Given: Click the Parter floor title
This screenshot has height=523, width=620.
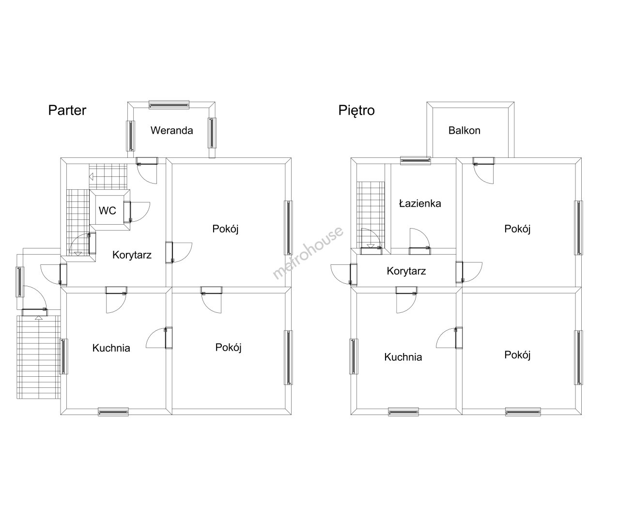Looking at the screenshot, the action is tap(67, 110).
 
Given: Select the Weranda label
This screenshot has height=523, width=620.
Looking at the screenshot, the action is tap(171, 131).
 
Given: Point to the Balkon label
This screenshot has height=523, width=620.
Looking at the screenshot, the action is tap(464, 131).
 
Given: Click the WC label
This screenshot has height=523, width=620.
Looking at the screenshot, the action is tap(107, 211).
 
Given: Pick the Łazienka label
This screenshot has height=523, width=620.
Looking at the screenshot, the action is tap(420, 203).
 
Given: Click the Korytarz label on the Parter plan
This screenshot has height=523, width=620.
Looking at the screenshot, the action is tap(132, 255).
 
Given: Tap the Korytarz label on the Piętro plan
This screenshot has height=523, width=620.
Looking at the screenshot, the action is tap(406, 271).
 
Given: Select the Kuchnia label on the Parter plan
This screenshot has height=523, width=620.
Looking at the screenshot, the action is tap(111, 348).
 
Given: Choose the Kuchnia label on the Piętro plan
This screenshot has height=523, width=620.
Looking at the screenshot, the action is tap(403, 357).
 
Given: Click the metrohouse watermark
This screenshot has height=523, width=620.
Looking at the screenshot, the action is tap(308, 253).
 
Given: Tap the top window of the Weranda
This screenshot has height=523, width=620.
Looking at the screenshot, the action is tap(169, 105).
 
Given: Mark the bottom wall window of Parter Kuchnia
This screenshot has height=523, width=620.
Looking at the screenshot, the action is tap(113, 412).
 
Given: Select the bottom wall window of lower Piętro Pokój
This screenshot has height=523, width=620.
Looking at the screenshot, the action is tap(523, 412).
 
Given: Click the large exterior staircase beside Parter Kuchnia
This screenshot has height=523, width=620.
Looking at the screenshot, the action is tap(39, 357).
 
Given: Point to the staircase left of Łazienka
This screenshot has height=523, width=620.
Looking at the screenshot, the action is tap(371, 215).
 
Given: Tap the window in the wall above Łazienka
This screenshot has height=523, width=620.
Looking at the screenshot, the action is tap(416, 161).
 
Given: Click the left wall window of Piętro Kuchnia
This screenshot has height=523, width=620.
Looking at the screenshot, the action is tap(354, 356).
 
